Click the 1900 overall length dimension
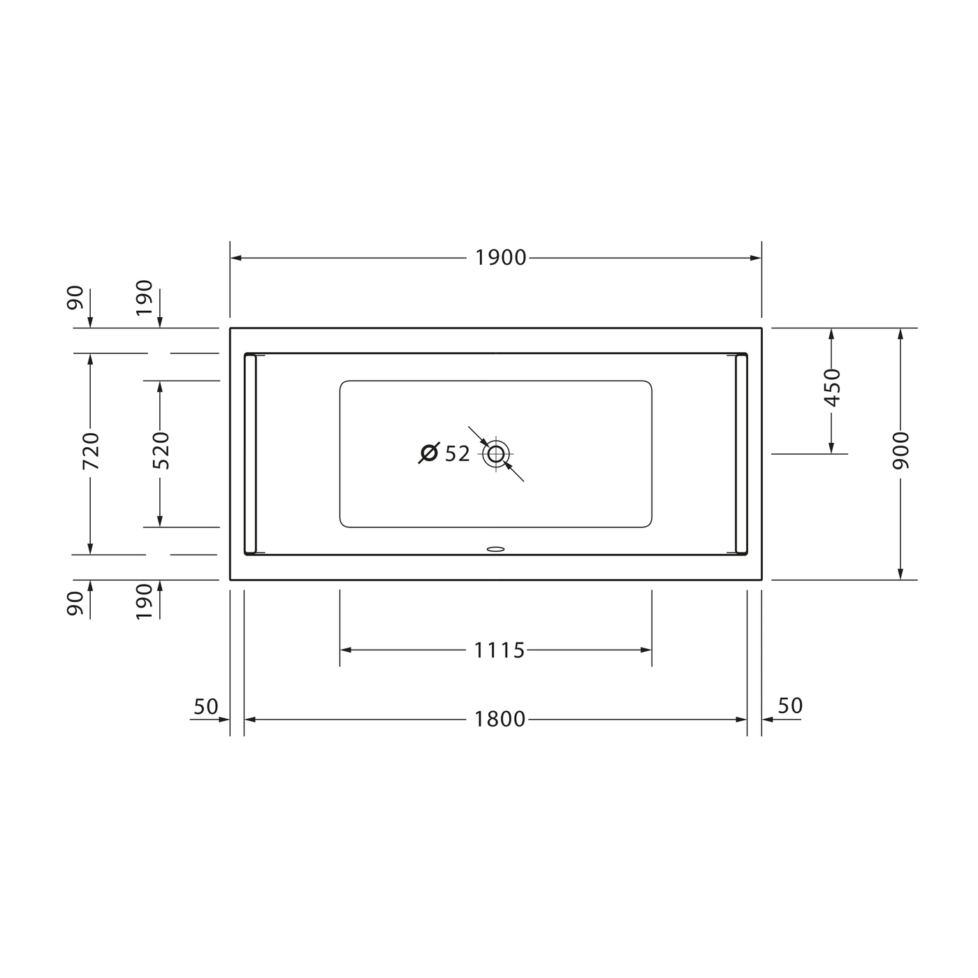[500, 258]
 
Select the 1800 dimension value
[499, 719]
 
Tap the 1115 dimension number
[499, 650]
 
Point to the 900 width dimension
[901, 450]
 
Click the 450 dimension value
[832, 387]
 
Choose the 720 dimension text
[91, 451]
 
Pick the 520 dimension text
[161, 450]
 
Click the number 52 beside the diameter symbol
[458, 454]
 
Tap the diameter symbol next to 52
[430, 453]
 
